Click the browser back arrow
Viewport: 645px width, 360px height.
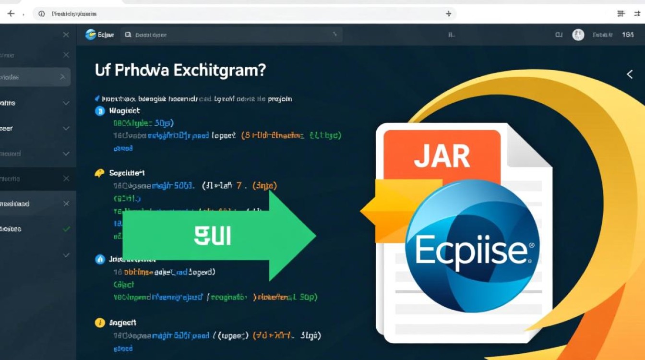pyautogui.click(x=11, y=13)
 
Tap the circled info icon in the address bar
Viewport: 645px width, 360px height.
pyautogui.click(x=41, y=13)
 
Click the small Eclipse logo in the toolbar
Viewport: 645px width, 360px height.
pyautogui.click(x=90, y=35)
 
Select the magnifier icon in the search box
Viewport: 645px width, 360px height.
pyautogui.click(x=128, y=35)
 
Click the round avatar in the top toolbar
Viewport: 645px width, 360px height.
pyautogui.click(x=578, y=35)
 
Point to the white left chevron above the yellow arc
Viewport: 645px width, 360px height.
pyautogui.click(x=630, y=74)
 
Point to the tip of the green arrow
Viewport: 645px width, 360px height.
pyautogui.click(x=314, y=236)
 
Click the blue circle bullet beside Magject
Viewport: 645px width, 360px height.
pyautogui.click(x=100, y=111)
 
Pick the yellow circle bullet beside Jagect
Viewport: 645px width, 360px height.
pyautogui.click(x=100, y=323)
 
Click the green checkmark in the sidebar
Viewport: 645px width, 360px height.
pyautogui.click(x=66, y=229)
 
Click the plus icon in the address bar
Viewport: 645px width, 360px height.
pyautogui.click(x=449, y=14)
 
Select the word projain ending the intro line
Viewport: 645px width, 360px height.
pyautogui.click(x=279, y=99)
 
